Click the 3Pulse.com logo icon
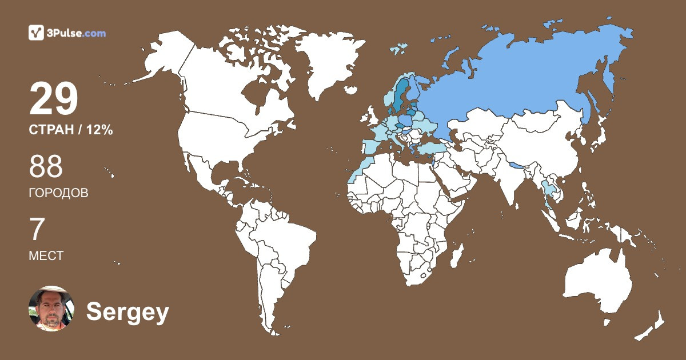point(37,33)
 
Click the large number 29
point(53,99)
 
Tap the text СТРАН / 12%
point(70,130)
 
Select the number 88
point(46,167)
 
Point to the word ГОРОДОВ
point(58,193)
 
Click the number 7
point(37,230)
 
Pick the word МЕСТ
point(46,256)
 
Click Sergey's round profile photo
point(51,309)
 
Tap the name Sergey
point(127,312)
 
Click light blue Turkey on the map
point(430,148)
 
